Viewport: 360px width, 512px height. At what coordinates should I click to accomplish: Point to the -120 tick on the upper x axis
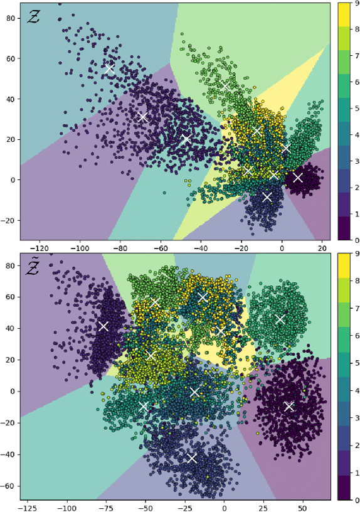[40, 246]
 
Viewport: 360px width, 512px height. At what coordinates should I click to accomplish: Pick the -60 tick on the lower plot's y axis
[10, 486]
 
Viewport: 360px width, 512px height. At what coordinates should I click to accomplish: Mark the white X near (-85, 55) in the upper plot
[110, 69]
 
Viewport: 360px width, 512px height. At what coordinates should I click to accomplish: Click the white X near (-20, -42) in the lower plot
[193, 458]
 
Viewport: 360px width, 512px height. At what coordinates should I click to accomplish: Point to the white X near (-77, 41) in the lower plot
[103, 326]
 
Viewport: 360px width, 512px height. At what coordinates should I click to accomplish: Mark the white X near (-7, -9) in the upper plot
[267, 197]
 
